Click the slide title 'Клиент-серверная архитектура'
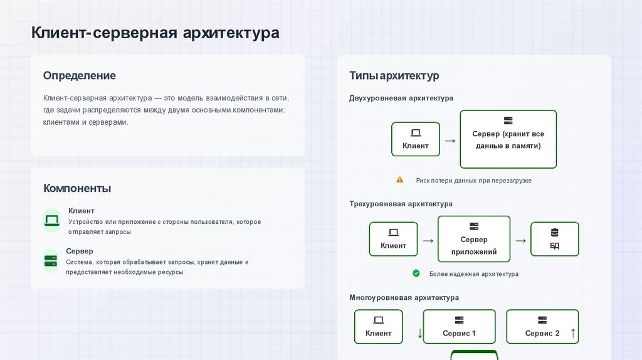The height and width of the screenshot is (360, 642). click(155, 33)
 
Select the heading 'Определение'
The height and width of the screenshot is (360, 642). click(80, 75)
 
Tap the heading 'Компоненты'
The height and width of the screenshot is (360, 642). click(77, 188)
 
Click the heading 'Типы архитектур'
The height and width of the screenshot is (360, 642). click(394, 76)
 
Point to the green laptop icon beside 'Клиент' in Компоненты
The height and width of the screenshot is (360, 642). click(51, 220)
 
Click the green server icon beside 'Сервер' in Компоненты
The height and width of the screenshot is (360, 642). click(51, 260)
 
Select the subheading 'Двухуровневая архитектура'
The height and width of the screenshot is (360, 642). click(401, 98)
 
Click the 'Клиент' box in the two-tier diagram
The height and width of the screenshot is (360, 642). click(416, 139)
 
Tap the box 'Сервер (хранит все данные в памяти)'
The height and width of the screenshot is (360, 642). click(508, 139)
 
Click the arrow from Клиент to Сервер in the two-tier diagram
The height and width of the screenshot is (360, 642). click(450, 140)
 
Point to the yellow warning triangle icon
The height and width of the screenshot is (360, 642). click(400, 180)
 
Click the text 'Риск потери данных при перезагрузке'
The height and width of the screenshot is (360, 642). click(473, 181)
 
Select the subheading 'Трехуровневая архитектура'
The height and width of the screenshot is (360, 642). click(401, 204)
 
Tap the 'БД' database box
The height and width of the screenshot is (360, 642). click(554, 239)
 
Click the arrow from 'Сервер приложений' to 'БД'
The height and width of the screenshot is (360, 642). click(520, 240)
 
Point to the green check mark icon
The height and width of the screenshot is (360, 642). click(416, 273)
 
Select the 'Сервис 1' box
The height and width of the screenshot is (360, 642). click(460, 327)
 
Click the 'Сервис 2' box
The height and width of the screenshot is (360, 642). click(542, 327)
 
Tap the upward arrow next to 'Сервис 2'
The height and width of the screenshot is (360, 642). click(573, 333)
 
